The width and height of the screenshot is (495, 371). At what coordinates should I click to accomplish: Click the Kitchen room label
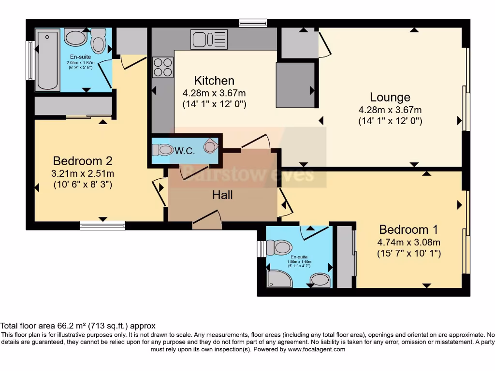[x=214, y=81]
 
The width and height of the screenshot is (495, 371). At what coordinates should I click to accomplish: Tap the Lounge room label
[x=390, y=97]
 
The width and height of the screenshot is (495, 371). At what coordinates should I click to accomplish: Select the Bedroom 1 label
[x=404, y=229]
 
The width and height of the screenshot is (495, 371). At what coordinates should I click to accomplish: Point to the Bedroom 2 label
[x=83, y=161]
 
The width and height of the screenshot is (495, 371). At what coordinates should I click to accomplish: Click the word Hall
[x=222, y=195]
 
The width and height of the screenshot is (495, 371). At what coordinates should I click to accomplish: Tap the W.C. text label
[x=185, y=151]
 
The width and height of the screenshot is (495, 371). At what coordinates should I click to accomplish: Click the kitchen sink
[x=209, y=39]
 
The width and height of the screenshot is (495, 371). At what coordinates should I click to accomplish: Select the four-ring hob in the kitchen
[x=163, y=67]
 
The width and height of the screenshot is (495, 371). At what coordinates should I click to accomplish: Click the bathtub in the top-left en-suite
[x=47, y=60]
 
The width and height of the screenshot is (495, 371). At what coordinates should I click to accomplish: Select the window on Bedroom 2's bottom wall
[x=102, y=225]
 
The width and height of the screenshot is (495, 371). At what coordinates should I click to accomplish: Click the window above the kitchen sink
[x=253, y=23]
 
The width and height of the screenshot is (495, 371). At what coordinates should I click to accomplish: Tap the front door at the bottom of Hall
[x=206, y=219]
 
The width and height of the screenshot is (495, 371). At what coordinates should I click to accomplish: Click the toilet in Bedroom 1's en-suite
[x=279, y=248]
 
